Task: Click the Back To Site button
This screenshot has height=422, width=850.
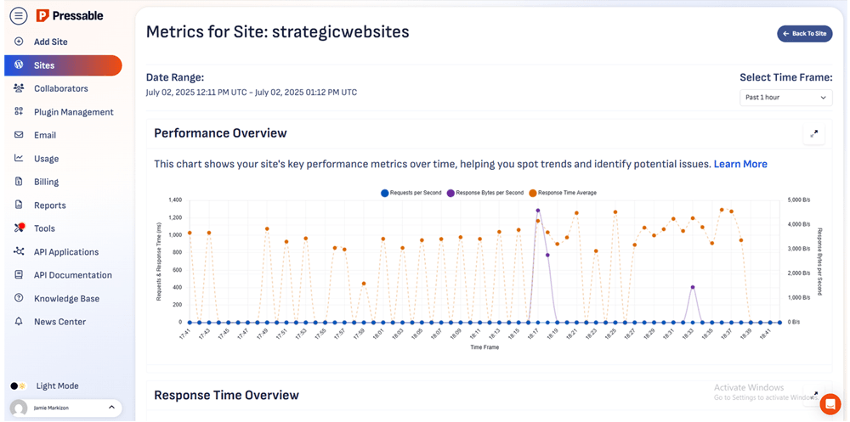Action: (804, 34)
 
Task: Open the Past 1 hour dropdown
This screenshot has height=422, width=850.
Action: (785, 98)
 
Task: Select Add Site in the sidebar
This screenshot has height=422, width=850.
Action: (50, 42)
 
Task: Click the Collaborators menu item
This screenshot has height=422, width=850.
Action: (60, 88)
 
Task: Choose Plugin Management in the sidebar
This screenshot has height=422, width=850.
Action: (73, 112)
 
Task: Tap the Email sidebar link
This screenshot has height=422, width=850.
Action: (45, 135)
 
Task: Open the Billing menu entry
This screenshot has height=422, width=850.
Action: (46, 182)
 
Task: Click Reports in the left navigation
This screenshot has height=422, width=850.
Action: (49, 205)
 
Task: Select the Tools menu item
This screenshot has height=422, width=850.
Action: (44, 228)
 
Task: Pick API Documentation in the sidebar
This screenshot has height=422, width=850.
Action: (72, 275)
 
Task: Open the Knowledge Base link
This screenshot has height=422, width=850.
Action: (66, 299)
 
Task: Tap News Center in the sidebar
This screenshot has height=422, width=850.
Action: (59, 322)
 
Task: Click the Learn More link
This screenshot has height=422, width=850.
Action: (740, 164)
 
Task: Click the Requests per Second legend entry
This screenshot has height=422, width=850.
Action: (411, 193)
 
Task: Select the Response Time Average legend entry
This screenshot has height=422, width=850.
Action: (562, 193)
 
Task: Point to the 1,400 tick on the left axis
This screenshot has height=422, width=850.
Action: (173, 200)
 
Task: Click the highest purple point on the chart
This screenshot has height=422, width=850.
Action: (538, 210)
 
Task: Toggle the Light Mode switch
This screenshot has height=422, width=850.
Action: (19, 385)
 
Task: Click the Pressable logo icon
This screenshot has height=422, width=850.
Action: (42, 15)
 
